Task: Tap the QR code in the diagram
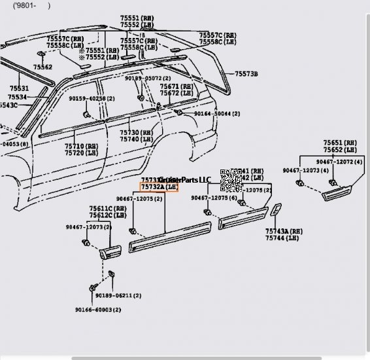coord(232,179)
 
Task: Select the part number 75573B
coord(247,75)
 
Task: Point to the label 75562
coord(43,67)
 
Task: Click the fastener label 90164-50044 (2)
coord(216,114)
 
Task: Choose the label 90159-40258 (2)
coord(92,99)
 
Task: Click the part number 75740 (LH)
coord(136,139)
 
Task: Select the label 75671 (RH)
coord(177,86)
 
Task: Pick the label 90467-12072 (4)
coord(340,161)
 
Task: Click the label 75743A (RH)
coord(284,231)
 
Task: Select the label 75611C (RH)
coord(108,208)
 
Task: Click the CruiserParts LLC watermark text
coord(186,180)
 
